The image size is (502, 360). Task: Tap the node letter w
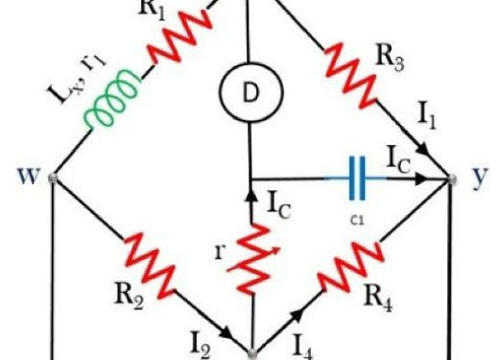click(25, 177)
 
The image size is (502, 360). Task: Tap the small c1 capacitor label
click(357, 218)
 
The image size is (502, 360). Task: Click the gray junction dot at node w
click(53, 178)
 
